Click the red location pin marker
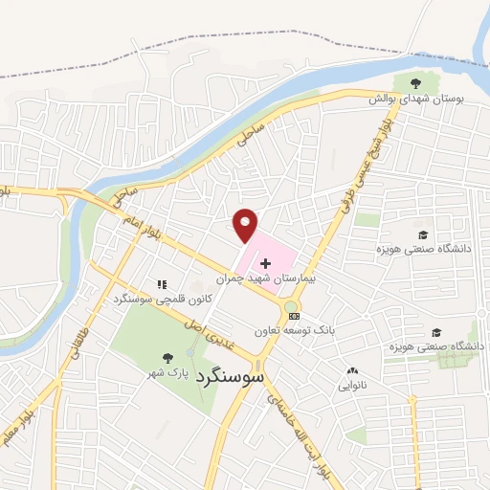tap(246, 224)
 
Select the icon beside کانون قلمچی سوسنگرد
tap(161, 284)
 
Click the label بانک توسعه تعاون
tap(295, 331)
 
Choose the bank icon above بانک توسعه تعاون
tap(294, 316)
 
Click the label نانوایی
tap(350, 387)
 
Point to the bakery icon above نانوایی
tap(351, 370)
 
